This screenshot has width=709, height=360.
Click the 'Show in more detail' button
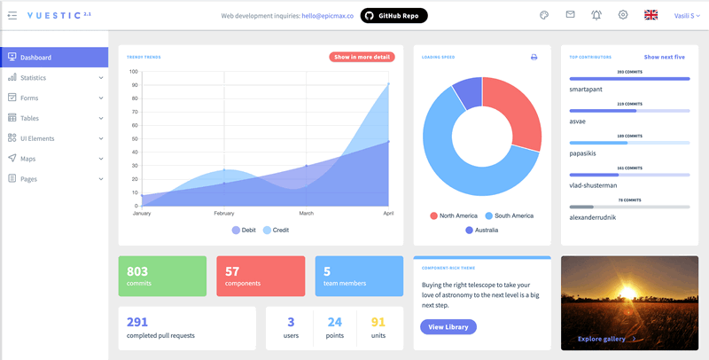(x=362, y=57)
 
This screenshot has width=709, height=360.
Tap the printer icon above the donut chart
(x=534, y=57)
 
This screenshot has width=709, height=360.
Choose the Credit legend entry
(x=277, y=231)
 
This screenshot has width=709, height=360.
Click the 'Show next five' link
(x=665, y=57)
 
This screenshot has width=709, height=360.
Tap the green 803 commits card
(x=162, y=276)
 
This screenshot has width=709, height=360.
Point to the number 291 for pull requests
(x=137, y=322)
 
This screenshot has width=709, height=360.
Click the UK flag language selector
(x=651, y=15)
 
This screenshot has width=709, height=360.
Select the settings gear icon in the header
(x=623, y=15)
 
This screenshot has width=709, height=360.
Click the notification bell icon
(x=596, y=15)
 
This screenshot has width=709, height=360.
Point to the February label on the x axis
(x=223, y=214)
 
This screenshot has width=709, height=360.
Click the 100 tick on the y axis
(x=133, y=72)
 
